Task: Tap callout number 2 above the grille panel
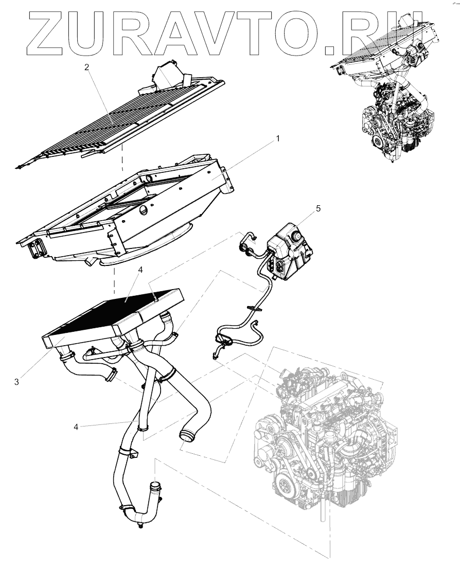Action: point(87,68)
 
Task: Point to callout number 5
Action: point(318,208)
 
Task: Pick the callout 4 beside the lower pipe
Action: point(76,426)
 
